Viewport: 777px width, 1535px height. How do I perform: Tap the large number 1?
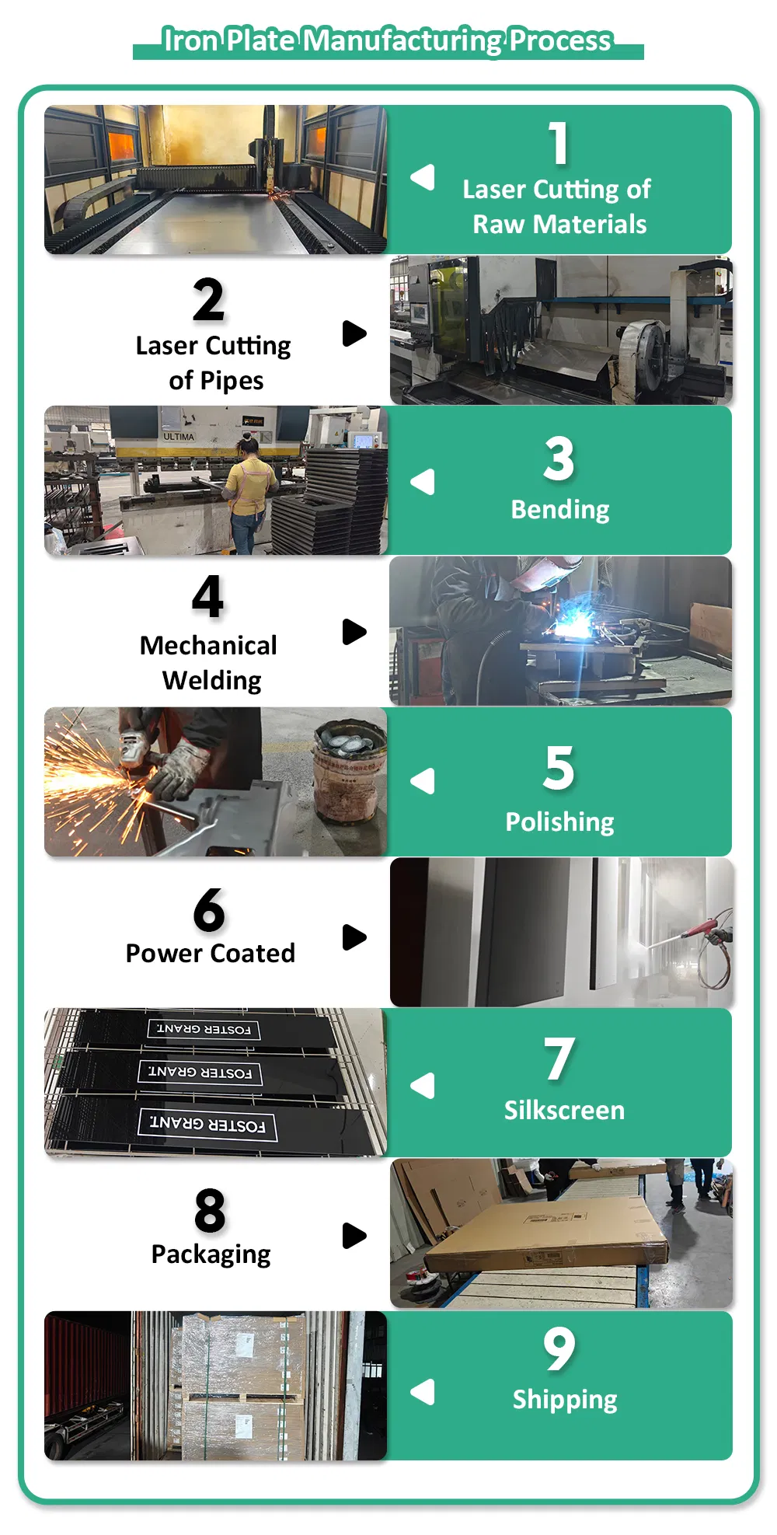559,144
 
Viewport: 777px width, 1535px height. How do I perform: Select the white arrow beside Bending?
423,482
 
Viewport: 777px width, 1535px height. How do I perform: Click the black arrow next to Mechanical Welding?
354,632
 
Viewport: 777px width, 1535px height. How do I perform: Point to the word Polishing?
559,822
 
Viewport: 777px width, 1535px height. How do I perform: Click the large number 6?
209,910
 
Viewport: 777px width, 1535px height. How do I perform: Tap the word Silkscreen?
564,1110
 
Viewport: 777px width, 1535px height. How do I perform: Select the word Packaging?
211,1254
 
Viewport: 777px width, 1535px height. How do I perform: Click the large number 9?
559,1349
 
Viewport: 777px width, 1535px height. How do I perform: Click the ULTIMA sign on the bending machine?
179,437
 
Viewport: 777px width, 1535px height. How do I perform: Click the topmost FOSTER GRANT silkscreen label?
204,1030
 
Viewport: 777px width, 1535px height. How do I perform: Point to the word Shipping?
565,1400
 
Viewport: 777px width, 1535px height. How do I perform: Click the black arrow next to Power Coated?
354,937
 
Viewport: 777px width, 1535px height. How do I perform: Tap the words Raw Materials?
559,225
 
